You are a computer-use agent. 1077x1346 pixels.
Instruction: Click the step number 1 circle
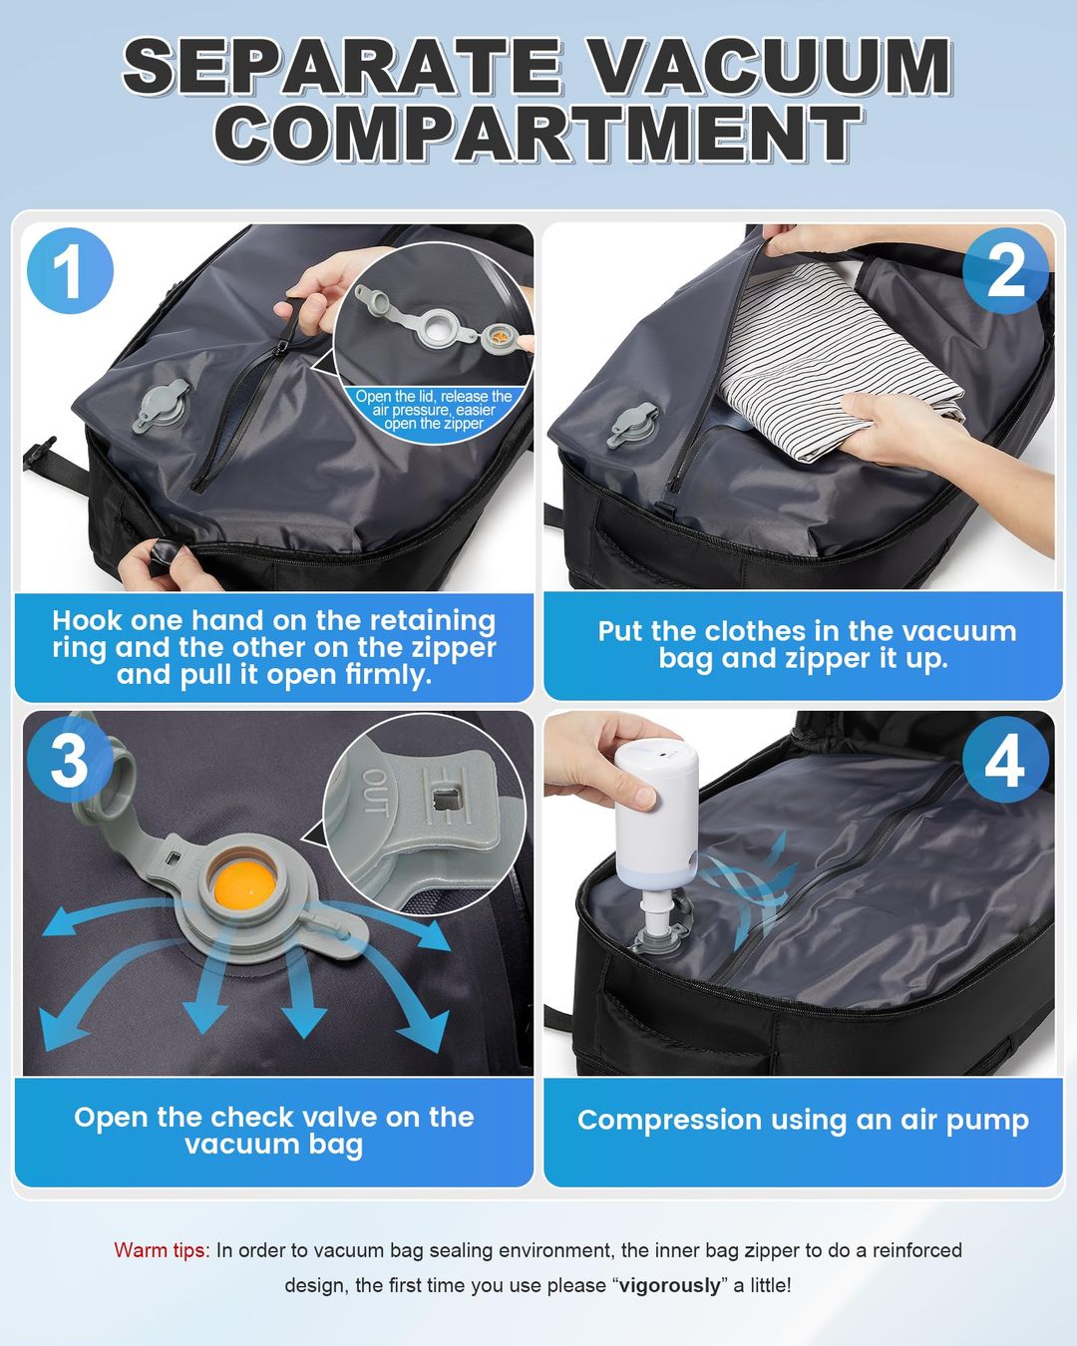click(x=69, y=270)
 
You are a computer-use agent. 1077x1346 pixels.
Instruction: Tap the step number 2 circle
click(x=1005, y=269)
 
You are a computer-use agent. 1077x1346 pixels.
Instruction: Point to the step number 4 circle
click(x=1005, y=763)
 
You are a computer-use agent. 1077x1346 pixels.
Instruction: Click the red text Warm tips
click(x=162, y=1250)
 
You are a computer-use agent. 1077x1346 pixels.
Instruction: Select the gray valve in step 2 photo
click(x=632, y=424)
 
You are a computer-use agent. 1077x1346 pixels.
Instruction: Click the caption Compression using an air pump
click(x=803, y=1120)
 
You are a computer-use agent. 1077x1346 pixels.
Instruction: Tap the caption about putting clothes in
click(x=806, y=645)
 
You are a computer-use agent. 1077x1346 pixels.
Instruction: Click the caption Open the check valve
click(x=273, y=1131)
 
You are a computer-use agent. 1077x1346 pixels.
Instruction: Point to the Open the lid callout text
click(x=434, y=410)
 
